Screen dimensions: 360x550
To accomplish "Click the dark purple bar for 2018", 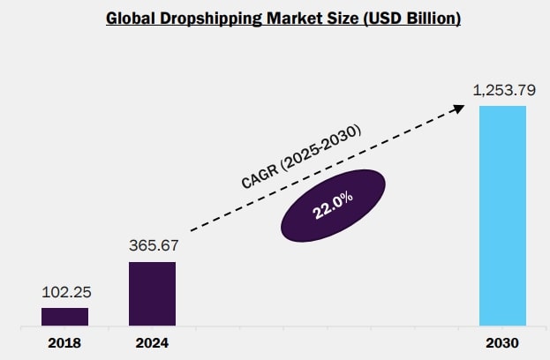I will tap(64, 317).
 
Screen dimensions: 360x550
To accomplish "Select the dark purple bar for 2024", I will tap(152, 294).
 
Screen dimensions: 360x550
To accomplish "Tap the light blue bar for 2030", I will tap(502, 216).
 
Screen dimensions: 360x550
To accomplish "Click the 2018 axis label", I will tap(64, 342).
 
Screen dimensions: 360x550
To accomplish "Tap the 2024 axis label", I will tap(152, 342).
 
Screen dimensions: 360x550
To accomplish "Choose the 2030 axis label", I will tap(502, 342).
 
